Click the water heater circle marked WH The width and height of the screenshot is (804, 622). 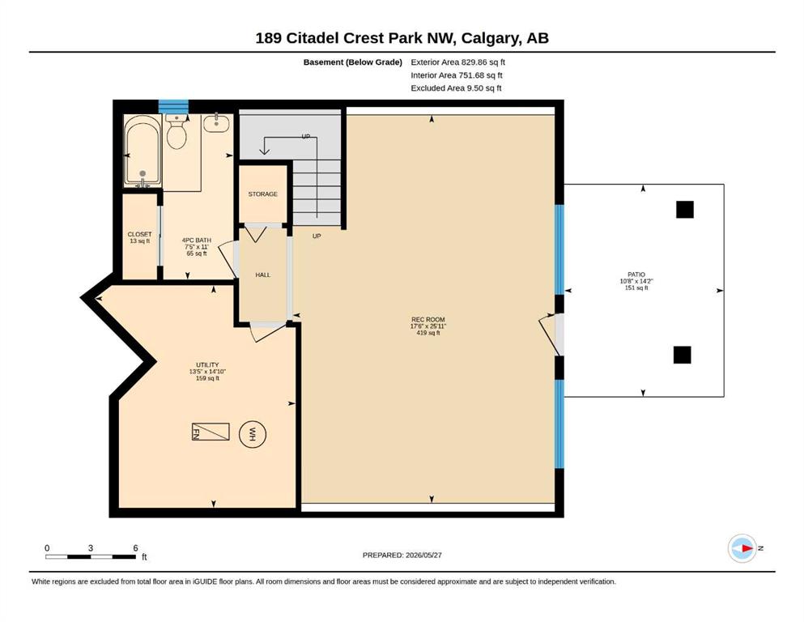coord(253,435)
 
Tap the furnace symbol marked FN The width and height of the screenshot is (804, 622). coord(211,431)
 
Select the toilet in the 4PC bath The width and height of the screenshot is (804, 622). coord(177,131)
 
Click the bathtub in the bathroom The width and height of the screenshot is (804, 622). coord(143,151)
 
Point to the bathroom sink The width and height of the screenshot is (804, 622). coord(216,123)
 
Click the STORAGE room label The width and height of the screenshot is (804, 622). coord(262,194)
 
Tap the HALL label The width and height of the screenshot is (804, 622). coord(262,275)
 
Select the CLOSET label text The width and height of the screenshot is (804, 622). coord(139,234)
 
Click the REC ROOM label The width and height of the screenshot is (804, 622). coord(428,319)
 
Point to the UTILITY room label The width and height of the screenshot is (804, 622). coord(207,365)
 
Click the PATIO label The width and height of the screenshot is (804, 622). coord(636,275)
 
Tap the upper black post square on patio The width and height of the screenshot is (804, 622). coord(684,210)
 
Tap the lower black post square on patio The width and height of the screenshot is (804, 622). coord(682,355)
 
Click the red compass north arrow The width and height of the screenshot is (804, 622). coord(747,548)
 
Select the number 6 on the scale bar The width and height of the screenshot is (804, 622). coord(135,548)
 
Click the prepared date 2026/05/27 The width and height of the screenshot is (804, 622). coord(423,555)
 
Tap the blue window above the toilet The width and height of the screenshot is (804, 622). coord(173,107)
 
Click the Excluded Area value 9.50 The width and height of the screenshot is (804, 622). coord(475,88)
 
